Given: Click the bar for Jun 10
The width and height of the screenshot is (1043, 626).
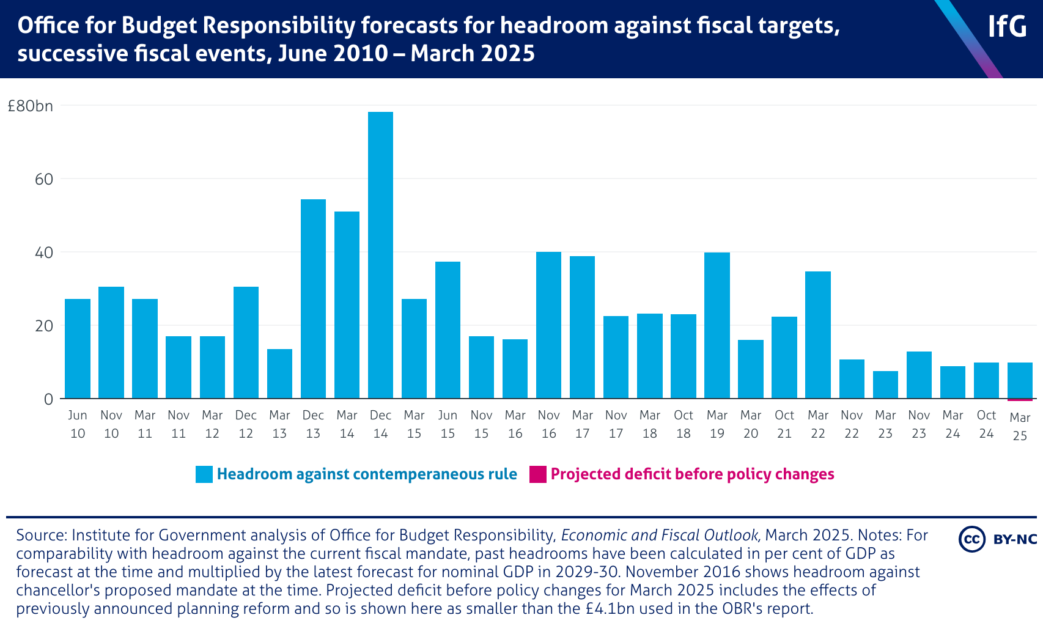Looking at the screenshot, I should pyautogui.click(x=78, y=348).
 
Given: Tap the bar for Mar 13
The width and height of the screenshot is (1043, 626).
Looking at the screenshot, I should pyautogui.click(x=279, y=374).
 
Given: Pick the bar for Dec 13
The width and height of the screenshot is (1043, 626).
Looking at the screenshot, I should pyautogui.click(x=313, y=299).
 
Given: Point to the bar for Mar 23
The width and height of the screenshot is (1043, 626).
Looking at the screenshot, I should pyautogui.click(x=885, y=385).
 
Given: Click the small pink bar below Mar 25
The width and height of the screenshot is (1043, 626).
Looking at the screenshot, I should pyautogui.click(x=1020, y=400).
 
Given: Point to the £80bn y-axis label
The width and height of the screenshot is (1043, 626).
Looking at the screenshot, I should pyautogui.click(x=31, y=106).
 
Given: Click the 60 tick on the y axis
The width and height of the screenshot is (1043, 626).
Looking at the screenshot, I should pyautogui.click(x=44, y=179).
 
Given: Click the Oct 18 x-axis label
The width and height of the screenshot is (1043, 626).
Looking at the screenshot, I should pyautogui.click(x=683, y=424).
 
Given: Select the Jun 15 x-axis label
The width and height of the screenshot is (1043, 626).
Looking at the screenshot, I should pyautogui.click(x=448, y=424).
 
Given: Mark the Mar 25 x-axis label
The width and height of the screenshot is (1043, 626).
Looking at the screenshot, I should pyautogui.click(x=1020, y=427).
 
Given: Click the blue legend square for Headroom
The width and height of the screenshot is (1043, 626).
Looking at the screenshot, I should pyautogui.click(x=204, y=474).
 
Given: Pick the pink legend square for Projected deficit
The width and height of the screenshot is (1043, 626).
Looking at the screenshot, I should pyautogui.click(x=538, y=474).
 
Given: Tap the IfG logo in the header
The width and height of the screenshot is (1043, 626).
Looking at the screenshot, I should pyautogui.click(x=1007, y=26).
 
